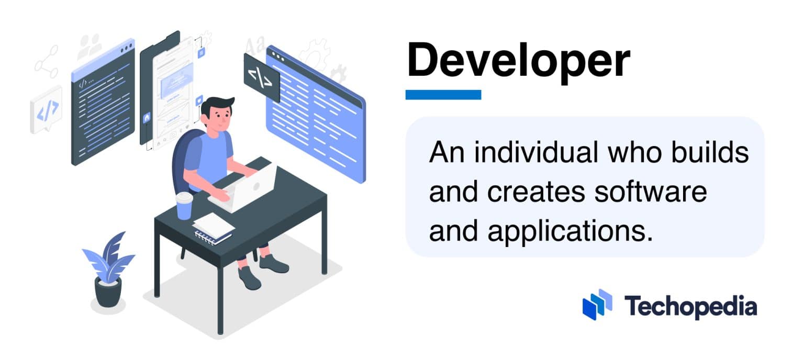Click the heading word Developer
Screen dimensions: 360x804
point(518,61)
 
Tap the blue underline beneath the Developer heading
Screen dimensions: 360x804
point(443,95)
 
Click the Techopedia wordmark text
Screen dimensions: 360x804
point(690,306)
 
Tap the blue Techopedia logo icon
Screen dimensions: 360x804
point(597,305)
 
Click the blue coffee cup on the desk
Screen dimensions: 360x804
point(184,206)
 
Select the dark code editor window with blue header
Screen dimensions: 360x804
point(103,105)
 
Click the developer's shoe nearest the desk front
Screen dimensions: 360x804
point(249,278)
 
